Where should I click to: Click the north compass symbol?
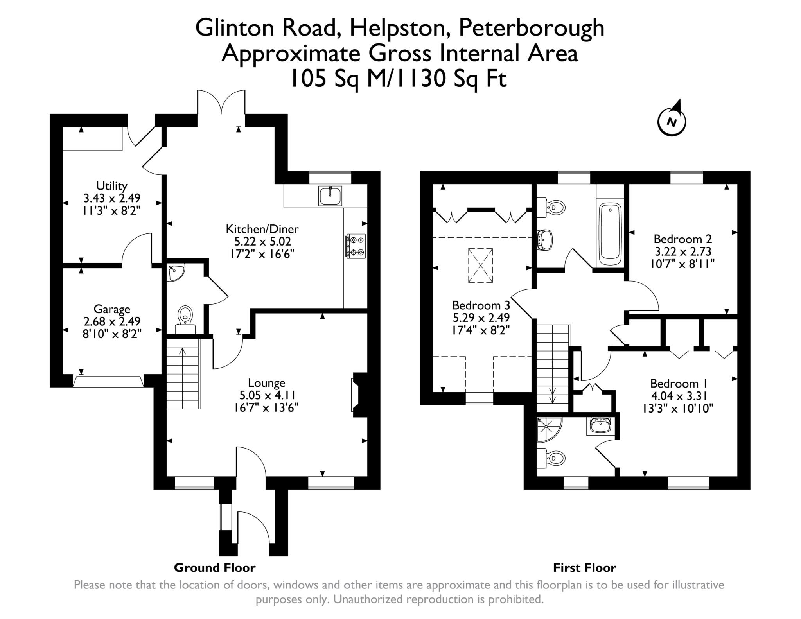coord(672,121)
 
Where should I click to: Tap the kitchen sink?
coord(330,196)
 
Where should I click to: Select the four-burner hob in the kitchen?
coord(356,246)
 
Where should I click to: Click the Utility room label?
coord(112,185)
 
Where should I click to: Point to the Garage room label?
coord(112,309)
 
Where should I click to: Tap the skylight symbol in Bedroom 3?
coord(480,266)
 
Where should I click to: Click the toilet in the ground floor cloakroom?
coord(185,317)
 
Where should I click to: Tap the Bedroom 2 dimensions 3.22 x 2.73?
coord(682,251)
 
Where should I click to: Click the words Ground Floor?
coord(214,568)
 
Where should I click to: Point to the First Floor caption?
coord(584,568)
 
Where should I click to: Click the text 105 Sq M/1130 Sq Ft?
coord(399,79)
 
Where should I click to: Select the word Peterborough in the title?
coord(531,28)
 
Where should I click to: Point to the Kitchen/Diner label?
coord(262,229)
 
